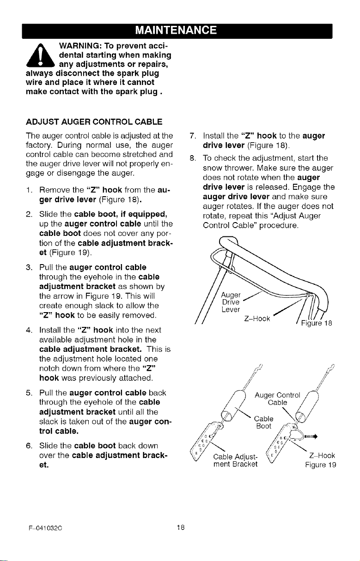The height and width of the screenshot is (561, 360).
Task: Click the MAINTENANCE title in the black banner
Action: (176, 30)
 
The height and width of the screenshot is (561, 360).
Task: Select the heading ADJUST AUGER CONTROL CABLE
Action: (94, 122)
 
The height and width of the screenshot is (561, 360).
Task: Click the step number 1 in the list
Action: (29, 190)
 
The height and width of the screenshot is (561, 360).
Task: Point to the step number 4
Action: (29, 330)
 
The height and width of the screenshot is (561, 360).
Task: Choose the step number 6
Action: (29, 446)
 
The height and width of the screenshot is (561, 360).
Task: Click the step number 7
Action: (193, 136)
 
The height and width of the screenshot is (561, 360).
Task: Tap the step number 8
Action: (193, 158)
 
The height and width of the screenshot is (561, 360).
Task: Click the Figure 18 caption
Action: (317, 323)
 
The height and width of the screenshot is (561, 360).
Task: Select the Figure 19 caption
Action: (320, 465)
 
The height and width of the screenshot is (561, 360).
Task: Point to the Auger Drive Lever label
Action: (231, 302)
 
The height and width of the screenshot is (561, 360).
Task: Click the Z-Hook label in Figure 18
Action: (257, 319)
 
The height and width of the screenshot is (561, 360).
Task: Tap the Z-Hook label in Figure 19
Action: (322, 455)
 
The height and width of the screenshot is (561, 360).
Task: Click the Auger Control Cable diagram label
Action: (277, 399)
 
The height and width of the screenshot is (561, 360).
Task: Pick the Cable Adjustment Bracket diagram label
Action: (235, 460)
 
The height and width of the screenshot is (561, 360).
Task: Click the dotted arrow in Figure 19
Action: (311, 437)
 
